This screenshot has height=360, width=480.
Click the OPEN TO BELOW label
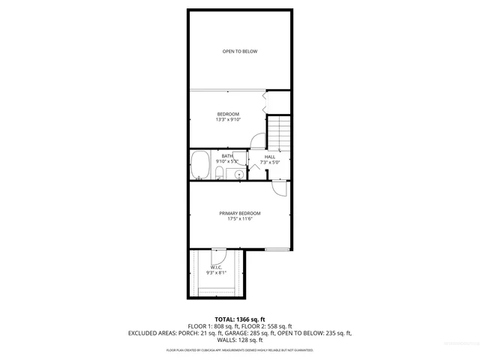pyautogui.click(x=239, y=51)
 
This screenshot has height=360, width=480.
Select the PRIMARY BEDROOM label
pyautogui.click(x=239, y=213)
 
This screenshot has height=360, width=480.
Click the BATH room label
pyautogui.click(x=226, y=156)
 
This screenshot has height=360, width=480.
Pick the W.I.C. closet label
pyautogui.click(x=216, y=268)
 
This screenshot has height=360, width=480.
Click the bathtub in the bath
pyautogui.click(x=200, y=165)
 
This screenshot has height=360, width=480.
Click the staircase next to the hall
pyautogui.click(x=279, y=132)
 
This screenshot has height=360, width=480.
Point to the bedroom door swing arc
pyautogui.click(x=256, y=141)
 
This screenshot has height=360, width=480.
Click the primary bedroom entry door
pyautogui.click(x=279, y=189)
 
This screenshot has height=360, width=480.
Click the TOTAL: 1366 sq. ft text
pyautogui.click(x=239, y=319)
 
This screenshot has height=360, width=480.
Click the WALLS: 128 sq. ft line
pyautogui.click(x=239, y=340)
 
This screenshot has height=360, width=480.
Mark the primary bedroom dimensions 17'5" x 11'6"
pyautogui.click(x=239, y=219)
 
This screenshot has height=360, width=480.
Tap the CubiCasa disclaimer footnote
pyautogui.click(x=239, y=350)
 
